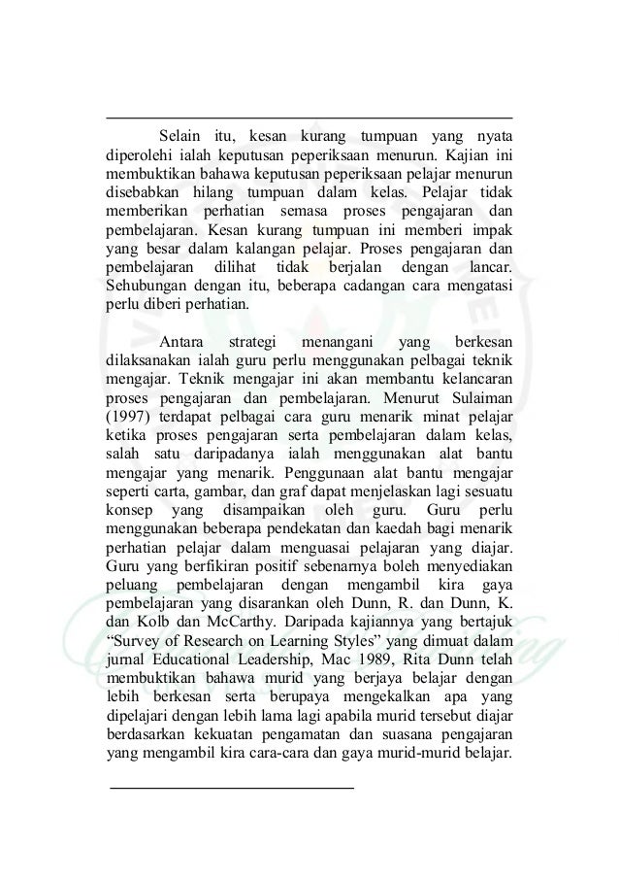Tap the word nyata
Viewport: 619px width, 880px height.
[493, 134]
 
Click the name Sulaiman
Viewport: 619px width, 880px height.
[479, 397]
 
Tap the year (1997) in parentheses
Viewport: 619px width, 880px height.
[129, 416]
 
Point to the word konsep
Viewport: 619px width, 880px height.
[126, 510]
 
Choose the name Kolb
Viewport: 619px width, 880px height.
[158, 623]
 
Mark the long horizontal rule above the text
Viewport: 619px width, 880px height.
[309, 118]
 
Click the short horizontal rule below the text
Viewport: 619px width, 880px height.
[232, 778]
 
